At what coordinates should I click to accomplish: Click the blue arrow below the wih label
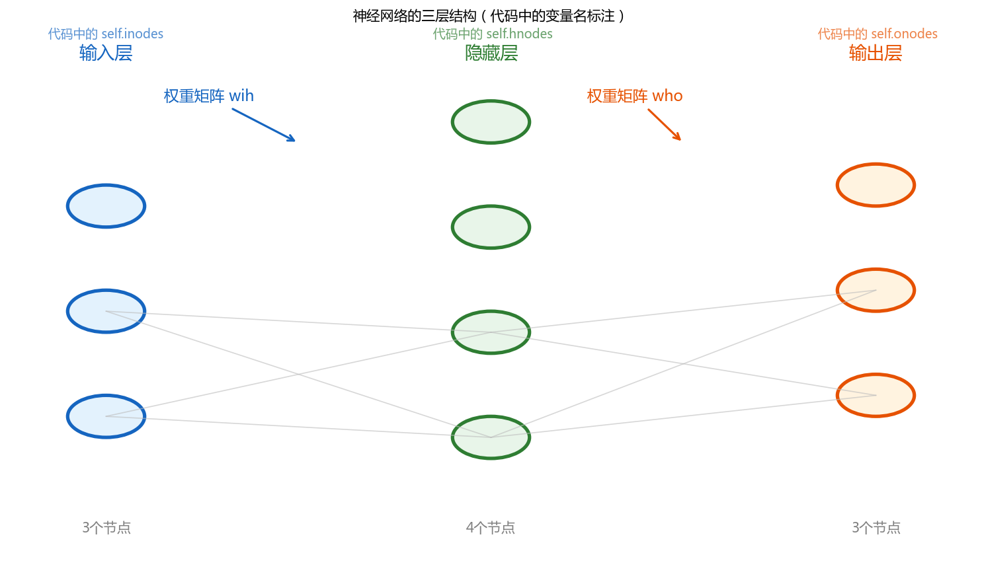pyautogui.click(x=263, y=125)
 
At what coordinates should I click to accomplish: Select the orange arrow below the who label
pyautogui.click(x=664, y=124)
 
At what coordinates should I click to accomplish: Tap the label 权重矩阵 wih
pyautogui.click(x=209, y=96)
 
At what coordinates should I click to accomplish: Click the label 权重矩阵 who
pyautogui.click(x=635, y=96)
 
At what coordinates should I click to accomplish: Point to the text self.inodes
pyautogui.click(x=132, y=34)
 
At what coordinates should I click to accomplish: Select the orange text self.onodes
pyautogui.click(x=905, y=34)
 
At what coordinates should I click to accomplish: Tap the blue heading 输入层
pyautogui.click(x=106, y=53)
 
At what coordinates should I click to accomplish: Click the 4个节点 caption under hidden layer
pyautogui.click(x=491, y=527)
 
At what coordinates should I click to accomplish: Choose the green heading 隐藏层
pyautogui.click(x=491, y=53)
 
